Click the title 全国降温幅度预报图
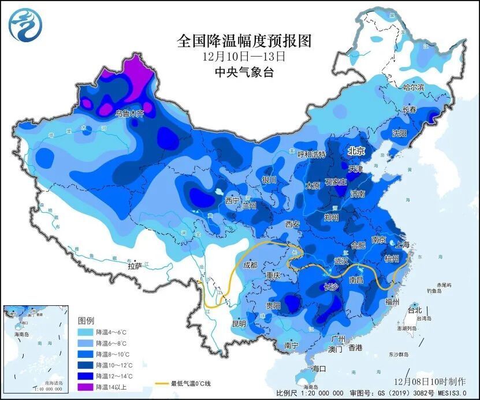coord(244,40)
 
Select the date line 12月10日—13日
coord(244,57)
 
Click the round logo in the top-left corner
coord(25,24)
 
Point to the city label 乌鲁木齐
coord(131,114)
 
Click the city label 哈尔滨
coord(413,87)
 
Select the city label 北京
coord(356,151)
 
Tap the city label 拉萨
coord(134,266)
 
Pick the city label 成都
coord(251,266)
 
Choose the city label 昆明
coord(240,323)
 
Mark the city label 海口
coord(319,369)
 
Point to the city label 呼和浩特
coord(311,155)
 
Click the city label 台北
coord(415,310)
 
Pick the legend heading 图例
coord(86,320)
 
